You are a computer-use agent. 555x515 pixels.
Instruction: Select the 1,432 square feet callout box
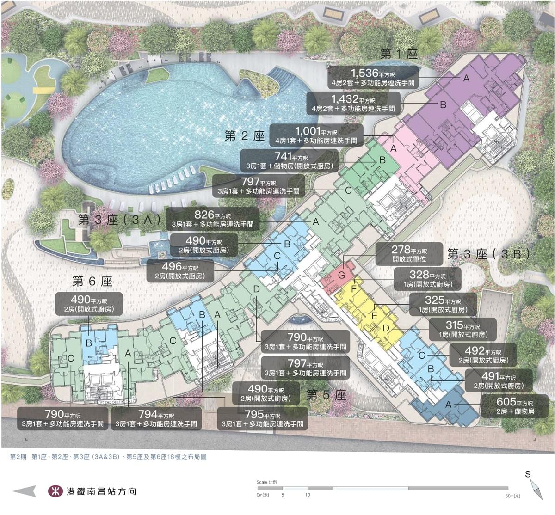pos(354,103)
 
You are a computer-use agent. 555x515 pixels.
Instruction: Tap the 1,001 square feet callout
pos(316,135)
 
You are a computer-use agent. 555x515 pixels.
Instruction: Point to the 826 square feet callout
pos(212,219)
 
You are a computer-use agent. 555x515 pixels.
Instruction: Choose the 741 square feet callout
pos(289,160)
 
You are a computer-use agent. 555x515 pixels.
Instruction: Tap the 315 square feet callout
pos(456,329)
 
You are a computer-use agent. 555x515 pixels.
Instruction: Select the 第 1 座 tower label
pos(399,54)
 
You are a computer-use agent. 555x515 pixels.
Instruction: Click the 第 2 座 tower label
pos(245,136)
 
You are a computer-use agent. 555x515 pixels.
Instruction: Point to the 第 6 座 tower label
pos(92,281)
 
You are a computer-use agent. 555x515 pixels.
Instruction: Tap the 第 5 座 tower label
pos(326,395)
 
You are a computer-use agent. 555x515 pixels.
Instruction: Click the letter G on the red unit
pos(342,276)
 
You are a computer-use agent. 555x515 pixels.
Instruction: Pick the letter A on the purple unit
pos(466,79)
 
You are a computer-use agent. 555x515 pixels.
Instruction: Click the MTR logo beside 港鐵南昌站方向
pos(55,491)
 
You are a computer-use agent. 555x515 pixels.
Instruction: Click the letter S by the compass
pos(528,474)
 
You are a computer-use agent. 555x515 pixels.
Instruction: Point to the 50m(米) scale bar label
pos(513,496)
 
